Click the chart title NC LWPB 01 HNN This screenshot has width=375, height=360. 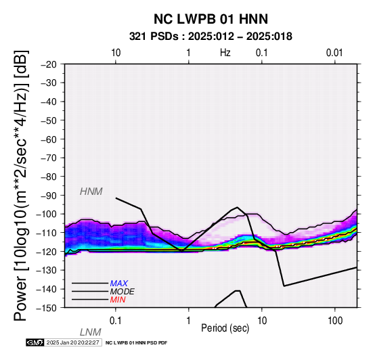[x=211, y=19]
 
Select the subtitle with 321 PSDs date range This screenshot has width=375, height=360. [x=211, y=37]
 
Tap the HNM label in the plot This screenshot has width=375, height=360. [x=91, y=192]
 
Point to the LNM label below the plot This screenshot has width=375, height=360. [x=91, y=332]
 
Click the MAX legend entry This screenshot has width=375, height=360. [x=118, y=284]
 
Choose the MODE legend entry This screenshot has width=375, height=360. [x=123, y=292]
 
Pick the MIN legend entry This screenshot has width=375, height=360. [x=118, y=300]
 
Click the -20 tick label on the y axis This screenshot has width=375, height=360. [x=49, y=64]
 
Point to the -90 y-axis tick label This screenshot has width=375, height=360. [x=49, y=196]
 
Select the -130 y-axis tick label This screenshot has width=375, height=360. [x=47, y=270]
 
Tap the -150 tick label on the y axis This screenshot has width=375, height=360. [x=47, y=308]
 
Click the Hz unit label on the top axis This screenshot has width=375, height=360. [x=225, y=53]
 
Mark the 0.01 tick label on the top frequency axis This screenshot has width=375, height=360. [x=334, y=53]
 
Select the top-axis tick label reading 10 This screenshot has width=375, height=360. [x=116, y=53]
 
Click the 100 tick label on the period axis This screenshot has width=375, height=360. [x=335, y=321]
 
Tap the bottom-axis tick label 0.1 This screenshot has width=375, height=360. [x=116, y=321]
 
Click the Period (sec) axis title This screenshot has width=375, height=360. [x=225, y=328]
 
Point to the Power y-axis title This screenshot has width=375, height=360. [x=21, y=185]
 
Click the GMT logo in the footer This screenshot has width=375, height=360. [x=35, y=342]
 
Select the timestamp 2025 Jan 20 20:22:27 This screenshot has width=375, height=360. [x=72, y=342]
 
